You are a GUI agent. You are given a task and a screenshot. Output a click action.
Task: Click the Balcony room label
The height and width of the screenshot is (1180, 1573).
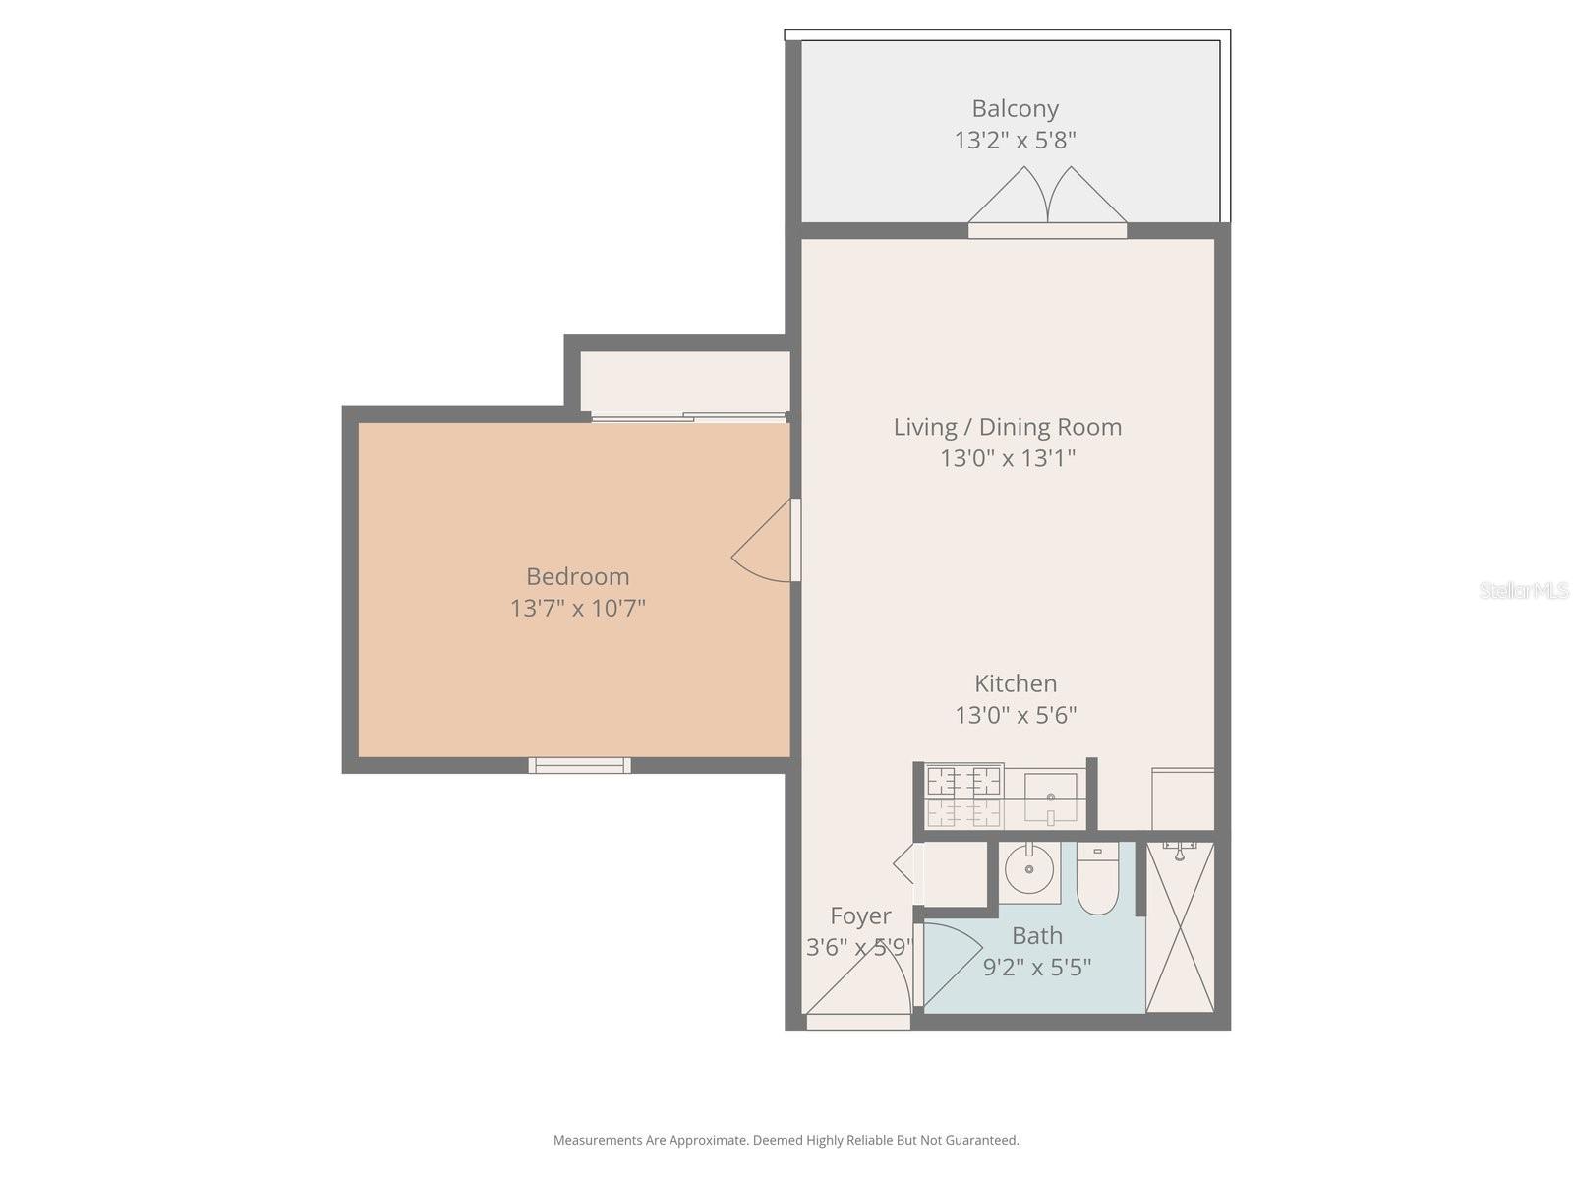1015,108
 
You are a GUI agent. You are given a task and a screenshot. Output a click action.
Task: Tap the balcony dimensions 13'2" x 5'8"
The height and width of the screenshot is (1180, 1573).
1015,140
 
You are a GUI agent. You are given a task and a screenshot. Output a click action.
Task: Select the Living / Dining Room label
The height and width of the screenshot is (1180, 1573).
1007,427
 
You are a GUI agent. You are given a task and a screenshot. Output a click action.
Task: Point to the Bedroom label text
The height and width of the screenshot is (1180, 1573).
577,576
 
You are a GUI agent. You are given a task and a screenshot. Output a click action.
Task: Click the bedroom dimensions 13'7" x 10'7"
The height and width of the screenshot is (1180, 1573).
577,608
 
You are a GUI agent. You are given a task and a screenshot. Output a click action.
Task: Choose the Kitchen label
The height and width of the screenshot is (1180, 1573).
1016,683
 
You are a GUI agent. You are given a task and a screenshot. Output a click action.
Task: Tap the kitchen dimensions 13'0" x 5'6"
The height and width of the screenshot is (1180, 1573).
1016,715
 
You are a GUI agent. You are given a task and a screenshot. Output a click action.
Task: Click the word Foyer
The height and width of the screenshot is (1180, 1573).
860,915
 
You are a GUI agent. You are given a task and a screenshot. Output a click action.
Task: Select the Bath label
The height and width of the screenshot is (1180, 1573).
1036,935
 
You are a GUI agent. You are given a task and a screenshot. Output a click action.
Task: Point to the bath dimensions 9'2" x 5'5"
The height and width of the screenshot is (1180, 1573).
1036,967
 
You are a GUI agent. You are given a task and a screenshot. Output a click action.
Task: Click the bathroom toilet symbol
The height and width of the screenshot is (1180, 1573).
1097,878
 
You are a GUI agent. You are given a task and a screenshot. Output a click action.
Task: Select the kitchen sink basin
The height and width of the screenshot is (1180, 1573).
1050,796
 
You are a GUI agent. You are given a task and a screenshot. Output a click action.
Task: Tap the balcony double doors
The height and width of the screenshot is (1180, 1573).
1047,202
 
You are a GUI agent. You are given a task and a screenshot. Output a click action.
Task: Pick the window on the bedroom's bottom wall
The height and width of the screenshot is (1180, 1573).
579,765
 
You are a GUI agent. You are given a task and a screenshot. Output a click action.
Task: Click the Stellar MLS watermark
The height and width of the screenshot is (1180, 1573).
1523,590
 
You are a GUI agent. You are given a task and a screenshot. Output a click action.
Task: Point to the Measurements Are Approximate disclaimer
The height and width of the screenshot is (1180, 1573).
786,1140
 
